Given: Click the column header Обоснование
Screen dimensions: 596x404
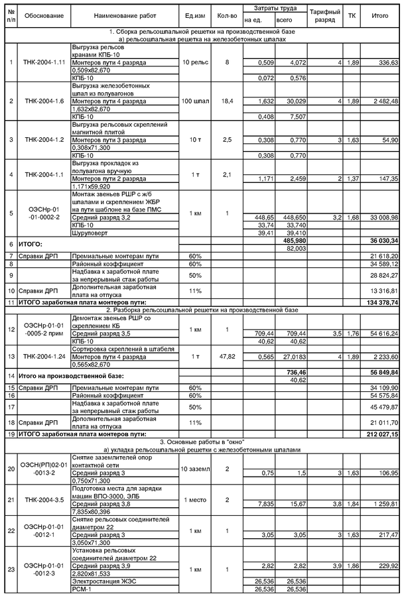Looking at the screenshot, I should click(45, 15).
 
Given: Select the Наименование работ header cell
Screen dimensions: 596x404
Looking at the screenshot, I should click(125, 15).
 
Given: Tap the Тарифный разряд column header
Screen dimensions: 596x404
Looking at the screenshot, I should click(325, 15).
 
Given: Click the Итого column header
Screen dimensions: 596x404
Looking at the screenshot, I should click(380, 15).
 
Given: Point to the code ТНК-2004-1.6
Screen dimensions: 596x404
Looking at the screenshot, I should click(45, 101).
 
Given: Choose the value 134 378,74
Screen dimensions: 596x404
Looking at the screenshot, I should click(380, 302).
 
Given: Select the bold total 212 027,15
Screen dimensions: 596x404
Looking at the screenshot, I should click(380, 434).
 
